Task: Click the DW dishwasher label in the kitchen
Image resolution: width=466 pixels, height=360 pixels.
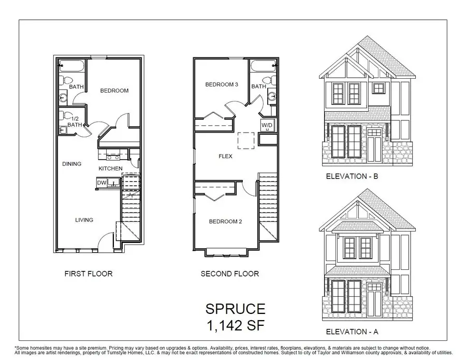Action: [101, 182]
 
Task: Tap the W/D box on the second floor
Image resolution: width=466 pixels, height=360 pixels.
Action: [267, 126]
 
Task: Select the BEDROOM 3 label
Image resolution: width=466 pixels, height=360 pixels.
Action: [221, 85]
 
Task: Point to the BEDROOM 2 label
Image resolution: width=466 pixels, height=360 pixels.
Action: [226, 222]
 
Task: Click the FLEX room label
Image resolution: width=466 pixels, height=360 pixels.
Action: [226, 156]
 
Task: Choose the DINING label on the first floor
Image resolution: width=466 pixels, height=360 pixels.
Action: [72, 164]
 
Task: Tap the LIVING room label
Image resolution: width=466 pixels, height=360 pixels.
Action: [84, 220]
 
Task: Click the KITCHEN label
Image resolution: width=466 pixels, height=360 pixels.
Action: [111, 169]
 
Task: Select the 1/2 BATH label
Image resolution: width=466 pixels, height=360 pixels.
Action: [75, 121]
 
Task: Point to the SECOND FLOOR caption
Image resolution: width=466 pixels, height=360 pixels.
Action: [230, 273]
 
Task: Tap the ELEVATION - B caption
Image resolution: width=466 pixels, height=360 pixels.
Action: [352, 177]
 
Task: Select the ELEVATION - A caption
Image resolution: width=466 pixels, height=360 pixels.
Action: [352, 330]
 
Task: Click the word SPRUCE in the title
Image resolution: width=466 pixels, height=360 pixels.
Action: [236, 310]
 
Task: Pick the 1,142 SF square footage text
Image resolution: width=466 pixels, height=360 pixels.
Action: [236, 326]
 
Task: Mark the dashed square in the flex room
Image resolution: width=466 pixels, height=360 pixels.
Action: [246, 140]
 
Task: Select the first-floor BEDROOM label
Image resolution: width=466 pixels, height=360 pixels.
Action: [114, 91]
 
